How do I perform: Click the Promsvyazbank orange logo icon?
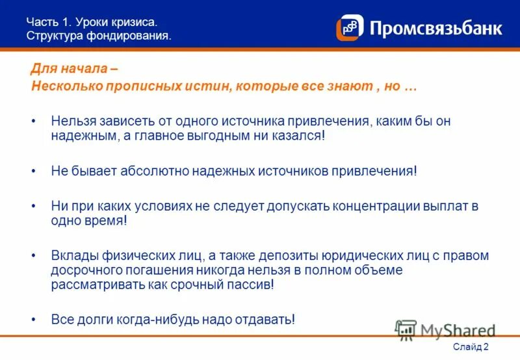350,27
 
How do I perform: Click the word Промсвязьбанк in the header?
435,29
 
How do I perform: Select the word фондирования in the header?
134,35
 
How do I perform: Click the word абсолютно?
159,170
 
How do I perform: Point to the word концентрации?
376,206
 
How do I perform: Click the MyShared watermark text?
456,330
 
